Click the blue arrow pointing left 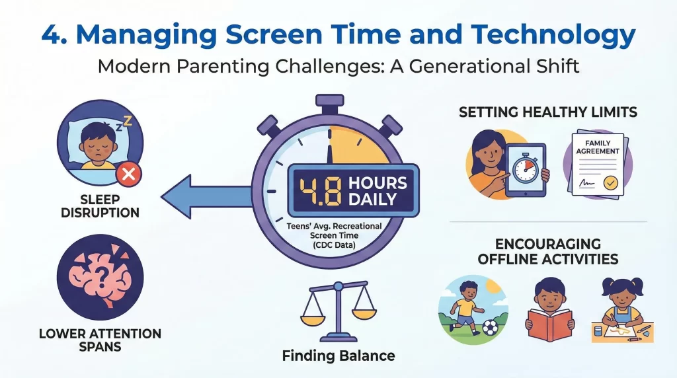coord(198,196)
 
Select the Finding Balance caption coord(338,356)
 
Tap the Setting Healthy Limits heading coord(548,113)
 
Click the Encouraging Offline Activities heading coord(548,250)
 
